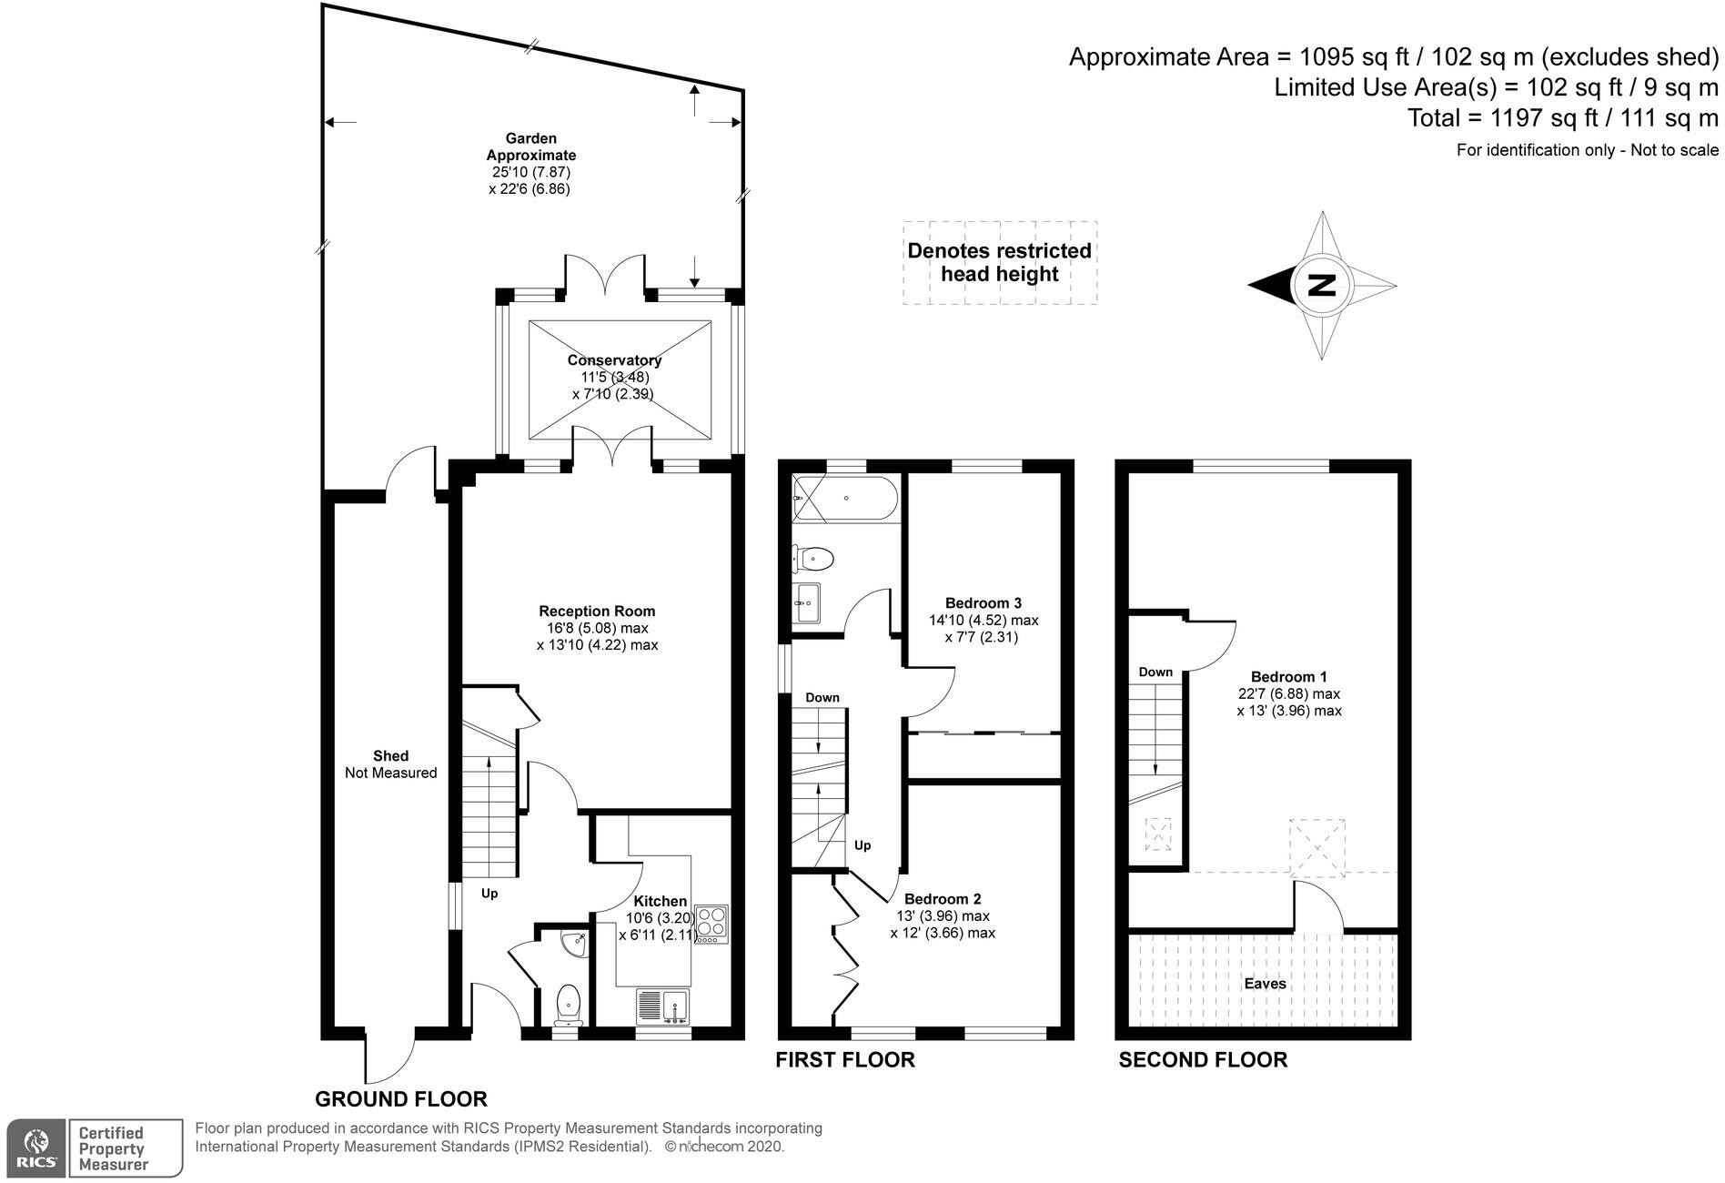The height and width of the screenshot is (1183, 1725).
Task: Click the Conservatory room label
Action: (614, 360)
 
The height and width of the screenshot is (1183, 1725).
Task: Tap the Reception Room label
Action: (597, 612)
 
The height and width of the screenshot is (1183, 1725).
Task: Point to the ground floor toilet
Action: (569, 1003)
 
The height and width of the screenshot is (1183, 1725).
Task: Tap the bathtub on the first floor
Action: (845, 498)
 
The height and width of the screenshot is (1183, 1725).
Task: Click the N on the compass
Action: (1321, 286)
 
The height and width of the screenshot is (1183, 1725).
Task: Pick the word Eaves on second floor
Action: (1265, 983)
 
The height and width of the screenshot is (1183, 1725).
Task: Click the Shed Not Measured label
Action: (390, 764)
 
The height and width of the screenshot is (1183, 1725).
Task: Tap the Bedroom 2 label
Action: (943, 899)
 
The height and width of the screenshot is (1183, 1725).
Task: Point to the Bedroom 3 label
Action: (983, 602)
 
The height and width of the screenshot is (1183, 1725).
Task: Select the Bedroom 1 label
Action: (1288, 676)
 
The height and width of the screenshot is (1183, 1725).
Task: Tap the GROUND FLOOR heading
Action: (401, 1098)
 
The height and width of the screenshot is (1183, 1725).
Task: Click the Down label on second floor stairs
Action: (1155, 672)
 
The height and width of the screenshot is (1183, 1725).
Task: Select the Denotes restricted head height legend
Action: (999, 262)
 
